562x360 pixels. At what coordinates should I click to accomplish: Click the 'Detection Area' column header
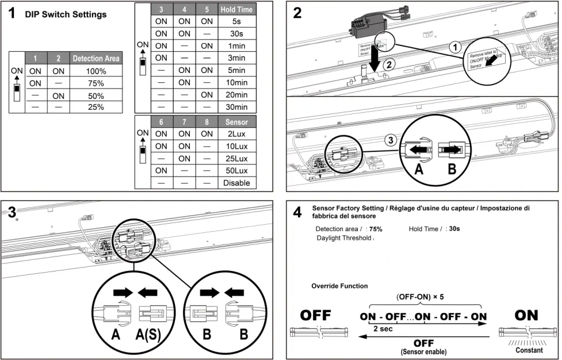click(x=96, y=59)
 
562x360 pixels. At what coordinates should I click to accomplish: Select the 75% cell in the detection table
click(x=96, y=83)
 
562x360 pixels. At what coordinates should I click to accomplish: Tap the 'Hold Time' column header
click(x=236, y=10)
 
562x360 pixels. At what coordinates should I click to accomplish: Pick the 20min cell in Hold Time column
click(x=236, y=95)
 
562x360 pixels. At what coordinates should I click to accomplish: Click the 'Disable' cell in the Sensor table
click(x=236, y=183)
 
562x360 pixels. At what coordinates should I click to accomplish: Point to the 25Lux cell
click(x=236, y=158)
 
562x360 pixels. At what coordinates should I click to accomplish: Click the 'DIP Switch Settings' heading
click(x=66, y=14)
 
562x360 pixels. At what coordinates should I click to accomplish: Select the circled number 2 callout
click(x=389, y=65)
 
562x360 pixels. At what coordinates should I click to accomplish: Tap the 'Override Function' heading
click(x=339, y=286)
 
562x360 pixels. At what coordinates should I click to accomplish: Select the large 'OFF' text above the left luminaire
click(x=316, y=316)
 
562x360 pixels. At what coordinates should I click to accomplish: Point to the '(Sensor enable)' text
click(x=424, y=351)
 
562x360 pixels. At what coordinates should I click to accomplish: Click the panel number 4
click(x=297, y=213)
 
